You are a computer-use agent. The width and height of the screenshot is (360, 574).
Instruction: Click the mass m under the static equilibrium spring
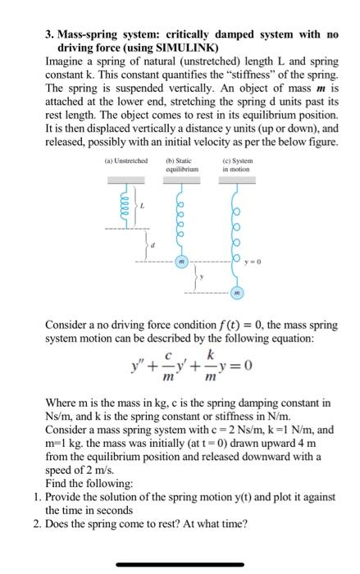point(180,262)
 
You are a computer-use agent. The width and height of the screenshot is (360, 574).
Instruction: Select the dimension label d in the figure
point(158,244)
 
